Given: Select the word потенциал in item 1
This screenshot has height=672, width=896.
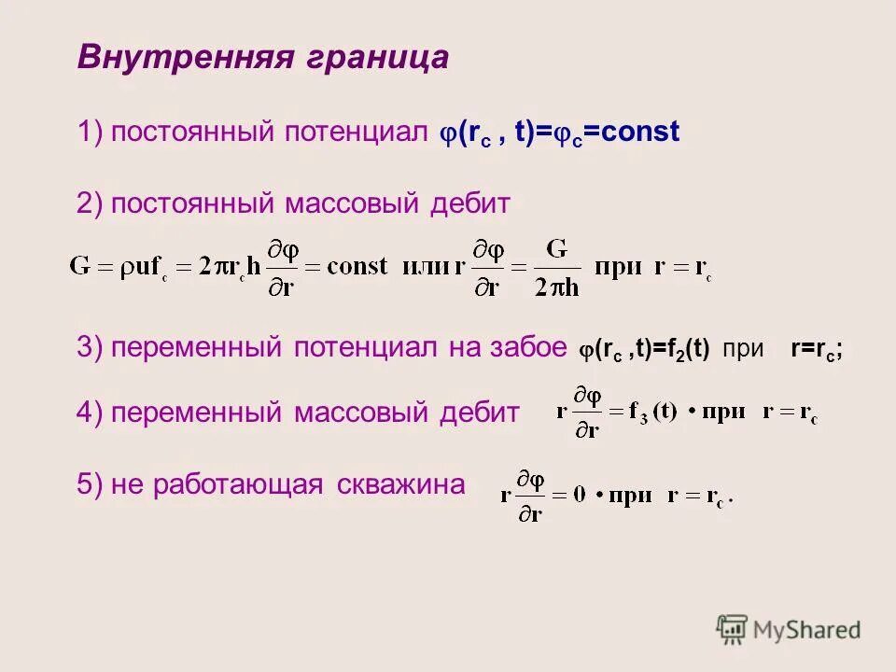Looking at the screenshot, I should click(x=358, y=133).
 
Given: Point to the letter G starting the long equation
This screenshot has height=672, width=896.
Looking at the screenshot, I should click(x=80, y=266).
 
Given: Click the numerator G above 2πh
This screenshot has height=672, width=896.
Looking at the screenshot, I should click(x=556, y=249).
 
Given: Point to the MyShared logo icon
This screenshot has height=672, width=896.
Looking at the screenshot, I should click(x=733, y=630).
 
